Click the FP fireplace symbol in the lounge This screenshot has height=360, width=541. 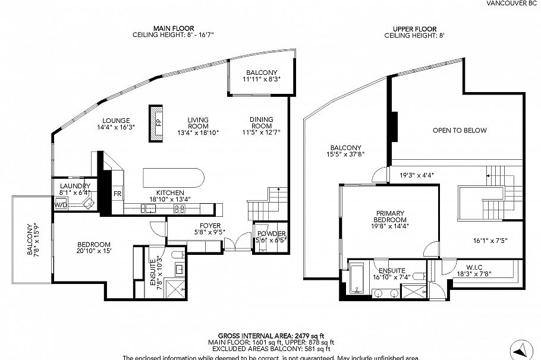[x=158, y=123]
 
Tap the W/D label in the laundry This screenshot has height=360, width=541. [x=61, y=205]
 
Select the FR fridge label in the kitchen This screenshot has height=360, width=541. [x=118, y=194]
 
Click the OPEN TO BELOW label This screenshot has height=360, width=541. [x=460, y=131]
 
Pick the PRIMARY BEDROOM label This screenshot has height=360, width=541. [x=389, y=217]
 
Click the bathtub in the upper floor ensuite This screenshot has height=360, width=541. [x=357, y=279]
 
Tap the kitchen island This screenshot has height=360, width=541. [x=174, y=178]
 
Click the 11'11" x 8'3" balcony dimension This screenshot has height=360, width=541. [x=261, y=78]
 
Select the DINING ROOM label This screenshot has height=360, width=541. [x=261, y=122]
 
